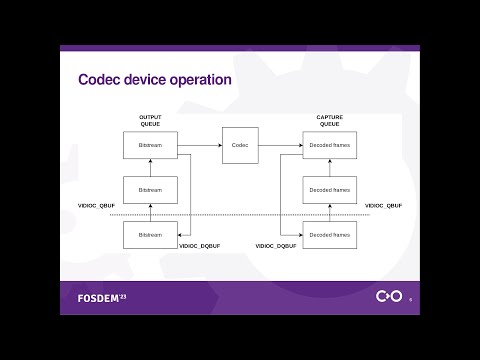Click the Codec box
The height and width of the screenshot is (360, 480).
pyautogui.click(x=240, y=145)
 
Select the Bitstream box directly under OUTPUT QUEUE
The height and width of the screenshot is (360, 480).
pyautogui.click(x=150, y=145)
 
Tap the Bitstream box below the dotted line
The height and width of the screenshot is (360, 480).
pyautogui.click(x=150, y=235)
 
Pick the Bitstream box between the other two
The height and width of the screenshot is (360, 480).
pyautogui.click(x=150, y=190)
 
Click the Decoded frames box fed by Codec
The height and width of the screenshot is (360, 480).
pyautogui.click(x=329, y=145)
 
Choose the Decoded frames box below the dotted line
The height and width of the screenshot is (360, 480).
pyautogui.click(x=329, y=235)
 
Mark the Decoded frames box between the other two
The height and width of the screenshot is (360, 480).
pyautogui.click(x=329, y=190)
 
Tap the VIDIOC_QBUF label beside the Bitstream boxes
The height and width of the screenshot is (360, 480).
pyautogui.click(x=97, y=205)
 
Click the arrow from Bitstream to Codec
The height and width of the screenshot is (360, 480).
pyautogui.click(x=199, y=145)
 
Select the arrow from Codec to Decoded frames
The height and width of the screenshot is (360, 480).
pyautogui.click(x=281, y=145)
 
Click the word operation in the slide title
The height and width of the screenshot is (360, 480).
pyautogui.click(x=199, y=80)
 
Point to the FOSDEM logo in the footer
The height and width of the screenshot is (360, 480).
pyautogui.click(x=102, y=298)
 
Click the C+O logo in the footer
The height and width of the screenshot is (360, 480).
pyautogui.click(x=388, y=297)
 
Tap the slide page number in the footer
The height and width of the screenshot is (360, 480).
pyautogui.click(x=410, y=299)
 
